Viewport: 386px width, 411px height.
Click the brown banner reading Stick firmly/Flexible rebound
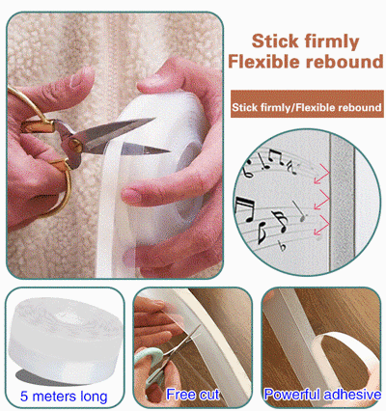307,105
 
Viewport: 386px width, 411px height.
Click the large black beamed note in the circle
250,209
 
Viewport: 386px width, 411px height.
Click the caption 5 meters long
62,396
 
